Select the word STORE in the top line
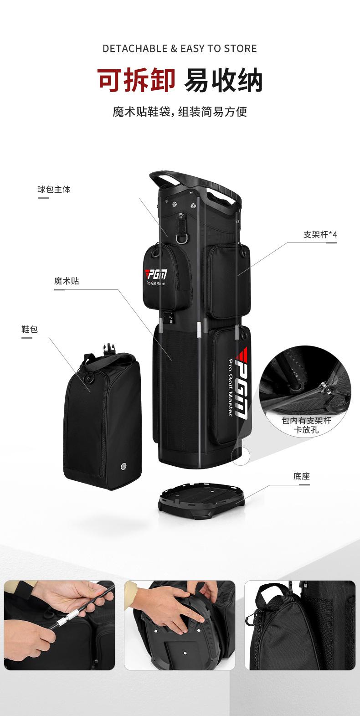240,48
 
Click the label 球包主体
54,189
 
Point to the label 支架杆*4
320,235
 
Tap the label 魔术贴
67,281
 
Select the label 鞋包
30,329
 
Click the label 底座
302,477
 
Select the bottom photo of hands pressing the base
180,625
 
